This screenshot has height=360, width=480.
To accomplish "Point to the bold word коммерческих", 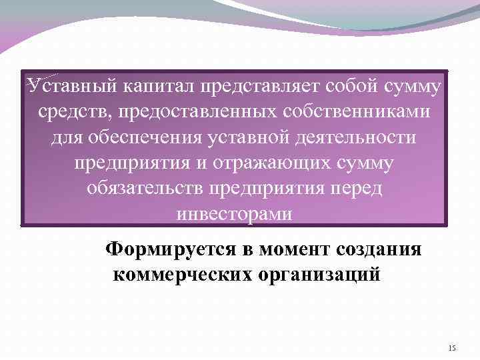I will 183,274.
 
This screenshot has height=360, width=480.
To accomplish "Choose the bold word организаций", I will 324,274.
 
